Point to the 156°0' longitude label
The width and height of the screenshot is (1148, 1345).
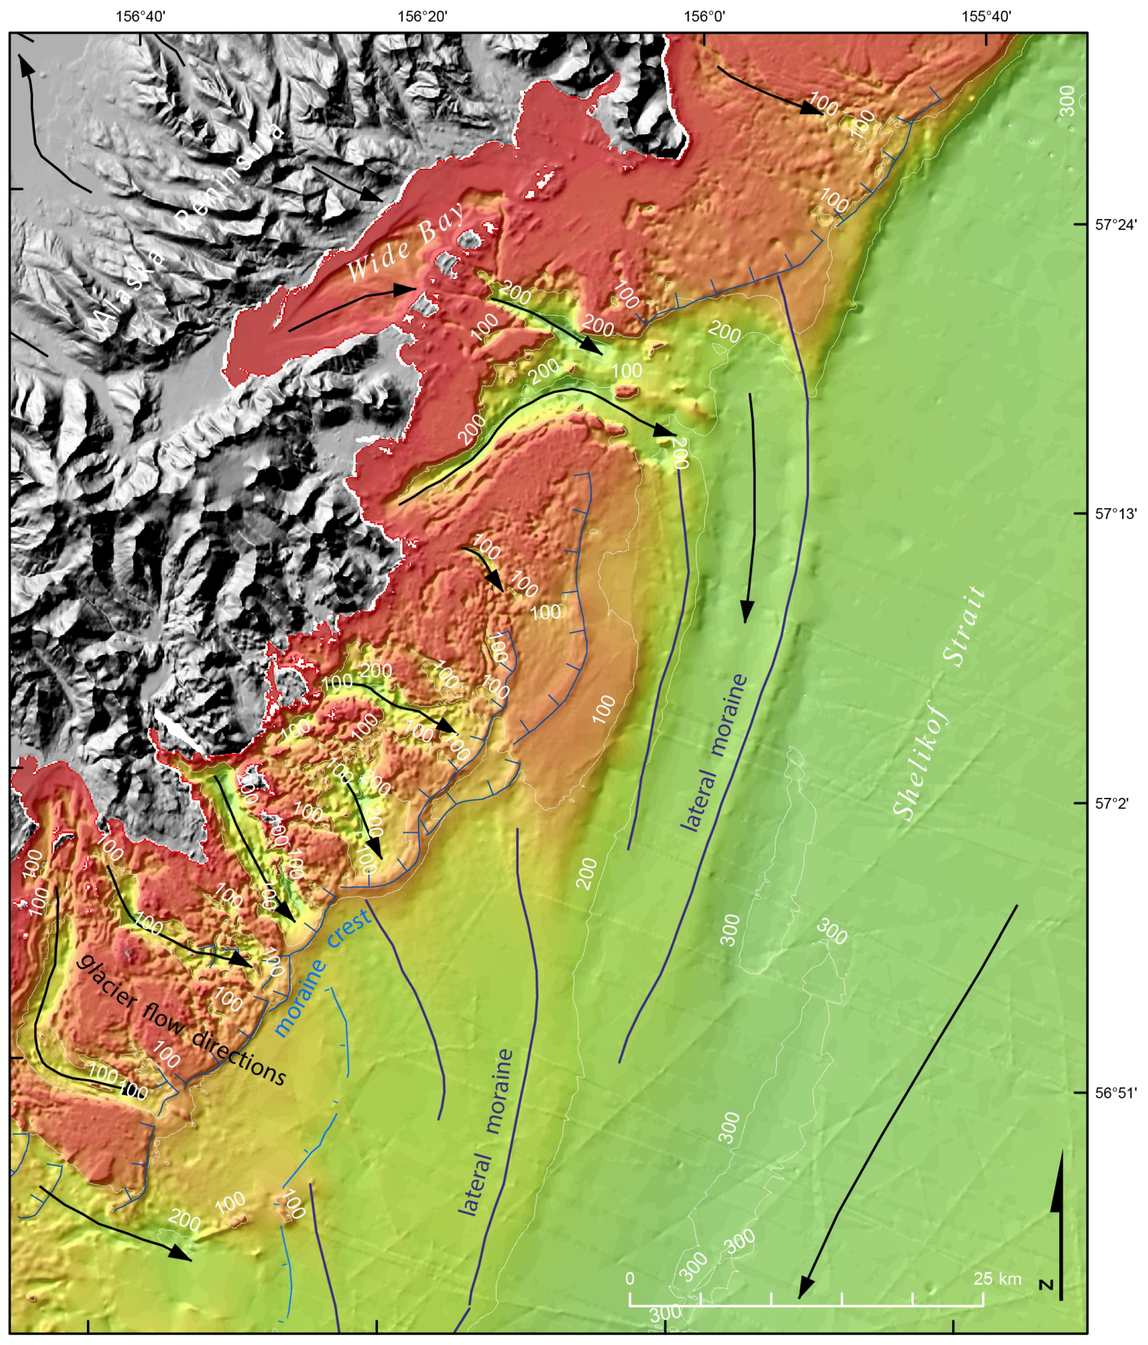tap(706, 16)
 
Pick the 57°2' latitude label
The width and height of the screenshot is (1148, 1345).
tap(1112, 803)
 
